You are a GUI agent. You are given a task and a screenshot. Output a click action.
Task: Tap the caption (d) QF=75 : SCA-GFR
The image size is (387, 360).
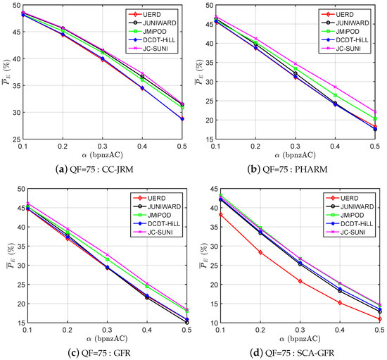pyautogui.click(x=288, y=354)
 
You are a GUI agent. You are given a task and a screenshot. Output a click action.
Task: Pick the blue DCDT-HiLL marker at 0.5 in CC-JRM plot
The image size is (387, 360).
pyautogui.click(x=182, y=119)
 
